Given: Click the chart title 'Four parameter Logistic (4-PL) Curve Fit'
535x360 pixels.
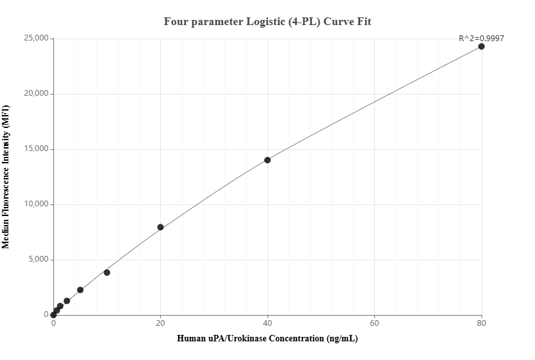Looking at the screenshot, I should [x=267, y=21].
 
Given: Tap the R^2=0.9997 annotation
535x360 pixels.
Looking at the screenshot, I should [x=481, y=38].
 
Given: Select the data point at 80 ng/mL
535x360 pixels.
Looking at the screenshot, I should [x=481, y=46].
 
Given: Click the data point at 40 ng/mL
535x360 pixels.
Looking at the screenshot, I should [x=267, y=160].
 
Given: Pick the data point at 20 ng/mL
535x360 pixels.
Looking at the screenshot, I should [x=160, y=227].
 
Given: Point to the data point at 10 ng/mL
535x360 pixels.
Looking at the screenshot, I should [x=107, y=273].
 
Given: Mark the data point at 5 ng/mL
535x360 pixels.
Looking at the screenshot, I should [x=80, y=290].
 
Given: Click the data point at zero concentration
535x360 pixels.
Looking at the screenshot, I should [x=53, y=315].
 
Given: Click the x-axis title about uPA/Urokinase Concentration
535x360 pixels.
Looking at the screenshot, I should [x=267, y=339].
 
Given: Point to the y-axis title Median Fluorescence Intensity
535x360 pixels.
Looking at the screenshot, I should [x=6, y=177].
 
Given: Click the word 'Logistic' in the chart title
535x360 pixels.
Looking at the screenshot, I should [x=266, y=21].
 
